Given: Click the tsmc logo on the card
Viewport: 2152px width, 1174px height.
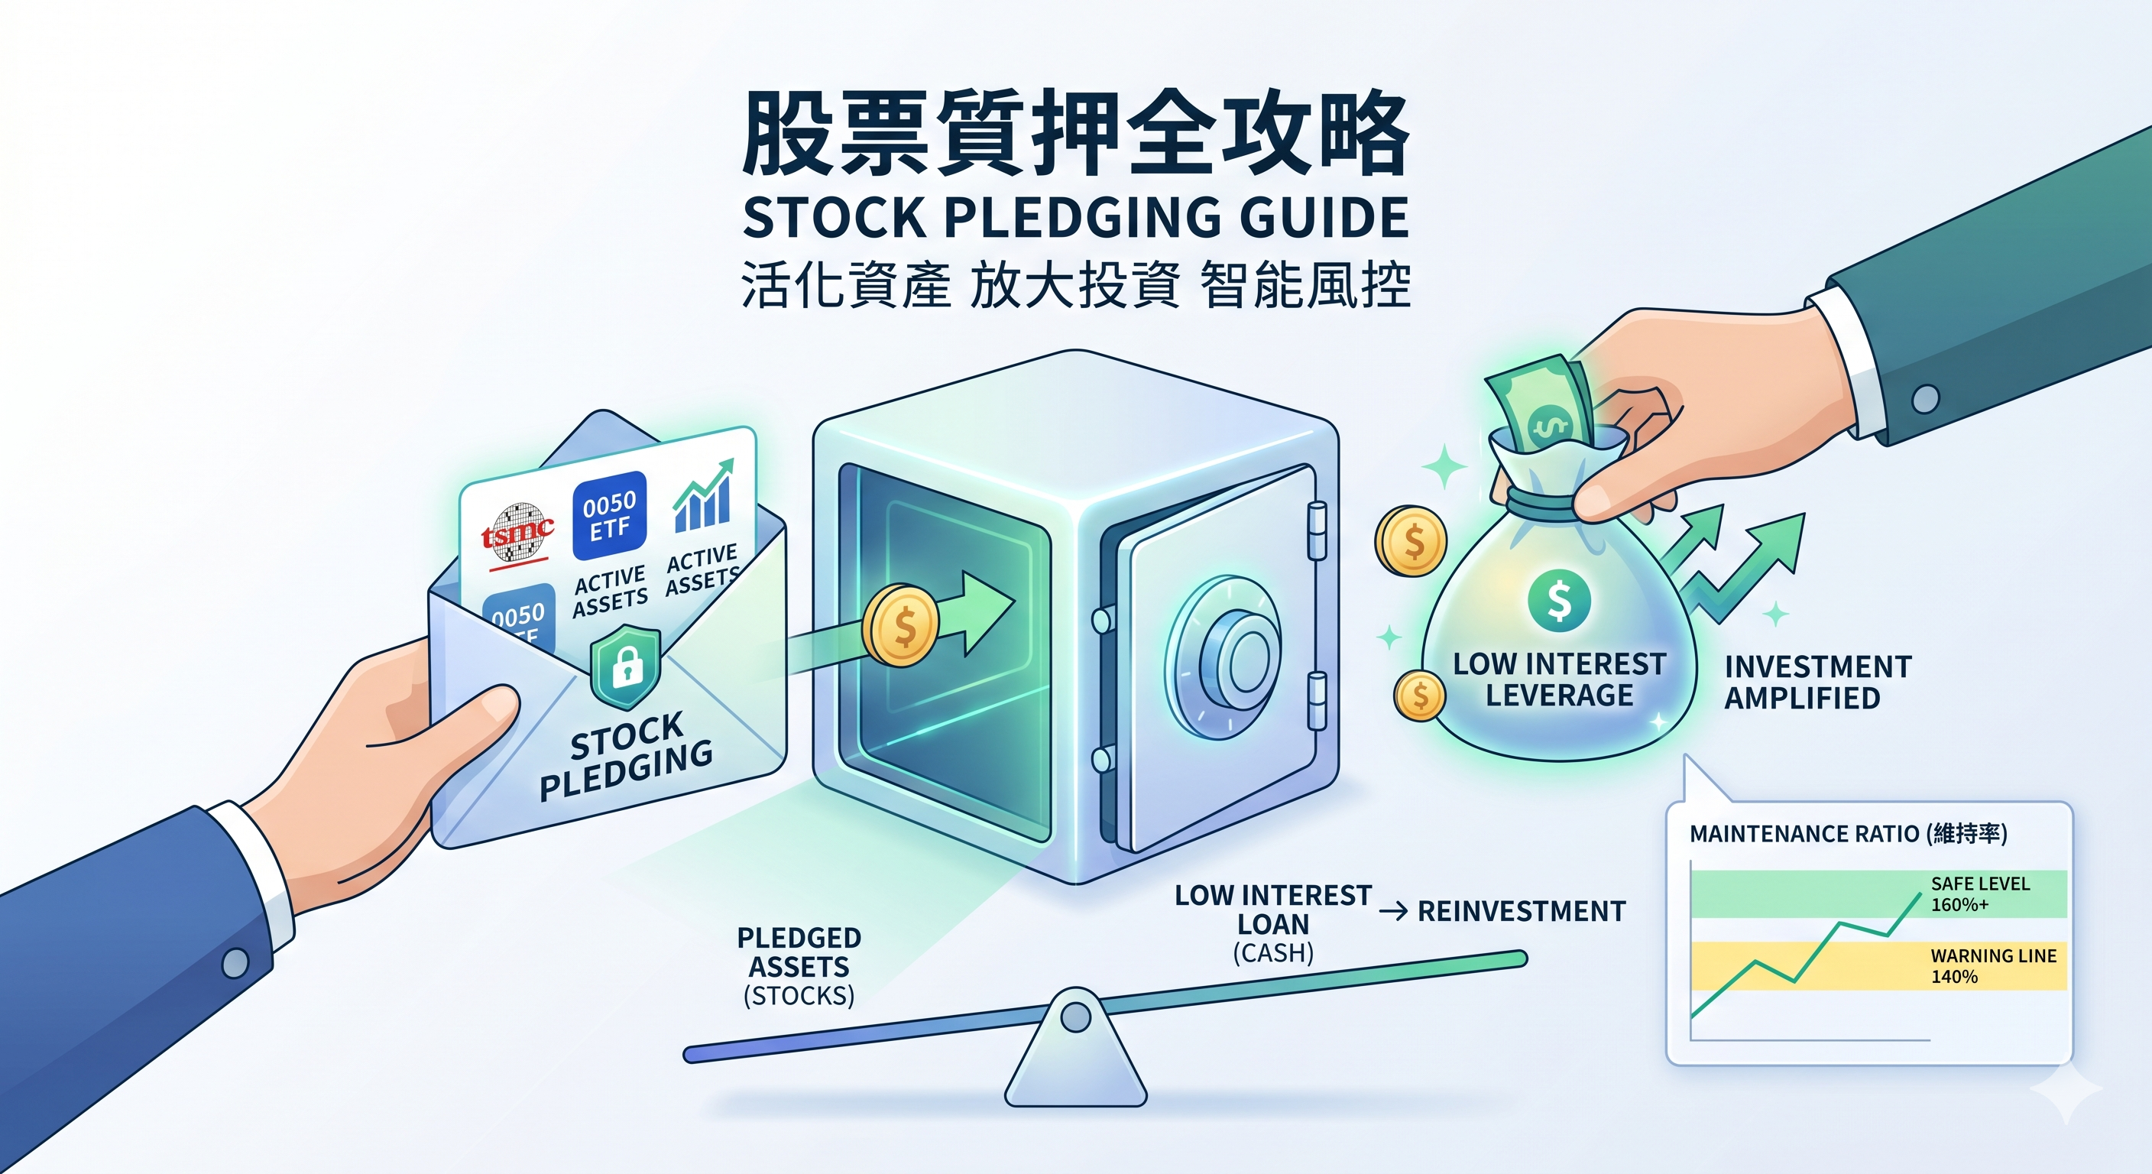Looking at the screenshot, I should [x=517, y=530].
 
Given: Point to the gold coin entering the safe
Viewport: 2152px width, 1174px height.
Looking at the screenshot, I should [x=899, y=626].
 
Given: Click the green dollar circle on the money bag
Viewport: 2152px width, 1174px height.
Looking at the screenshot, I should [x=1559, y=600].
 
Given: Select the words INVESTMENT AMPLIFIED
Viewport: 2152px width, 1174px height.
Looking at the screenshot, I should [x=1817, y=682].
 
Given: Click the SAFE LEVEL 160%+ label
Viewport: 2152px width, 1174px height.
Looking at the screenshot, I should [x=1979, y=894].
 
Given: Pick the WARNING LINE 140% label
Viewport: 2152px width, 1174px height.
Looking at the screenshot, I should [x=1992, y=966].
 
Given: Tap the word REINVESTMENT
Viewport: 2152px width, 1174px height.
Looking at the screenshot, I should [x=1522, y=911].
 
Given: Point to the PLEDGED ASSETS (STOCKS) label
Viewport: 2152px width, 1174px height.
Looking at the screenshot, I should [x=799, y=966].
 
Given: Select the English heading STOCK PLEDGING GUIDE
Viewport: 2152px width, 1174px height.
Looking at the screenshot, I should [x=1076, y=217].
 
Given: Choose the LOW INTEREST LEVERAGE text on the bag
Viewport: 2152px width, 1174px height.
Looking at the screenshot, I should [x=1559, y=679].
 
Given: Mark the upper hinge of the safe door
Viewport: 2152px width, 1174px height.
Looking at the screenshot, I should [x=1316, y=530].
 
